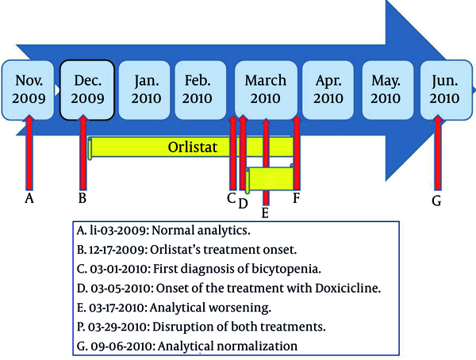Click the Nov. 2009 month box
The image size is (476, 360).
click(x=28, y=90)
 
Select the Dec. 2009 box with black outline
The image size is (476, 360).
click(x=87, y=90)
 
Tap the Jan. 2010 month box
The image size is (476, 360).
click(x=144, y=90)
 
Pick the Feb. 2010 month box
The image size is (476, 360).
click(x=201, y=90)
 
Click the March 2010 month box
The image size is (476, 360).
click(x=266, y=90)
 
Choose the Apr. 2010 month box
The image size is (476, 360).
click(x=328, y=90)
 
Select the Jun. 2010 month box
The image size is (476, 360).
click(x=446, y=90)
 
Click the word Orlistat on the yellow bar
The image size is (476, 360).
click(x=193, y=147)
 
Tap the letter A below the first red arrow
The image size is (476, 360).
click(x=29, y=198)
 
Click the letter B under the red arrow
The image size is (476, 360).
click(x=83, y=198)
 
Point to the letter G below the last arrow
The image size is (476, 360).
click(x=436, y=201)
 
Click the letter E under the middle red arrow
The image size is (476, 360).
click(x=265, y=213)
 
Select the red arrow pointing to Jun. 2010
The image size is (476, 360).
click(x=437, y=153)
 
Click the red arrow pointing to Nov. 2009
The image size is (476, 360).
click(x=29, y=152)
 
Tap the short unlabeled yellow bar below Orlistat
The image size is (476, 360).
click(x=271, y=179)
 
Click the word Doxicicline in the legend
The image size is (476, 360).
click(x=348, y=288)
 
